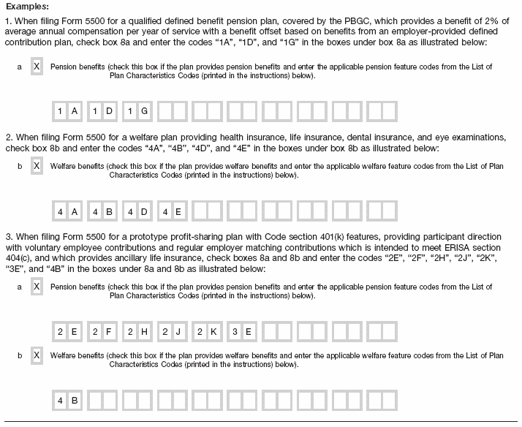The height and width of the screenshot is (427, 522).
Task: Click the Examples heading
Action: point(29,7)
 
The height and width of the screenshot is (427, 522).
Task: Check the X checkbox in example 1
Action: point(37,67)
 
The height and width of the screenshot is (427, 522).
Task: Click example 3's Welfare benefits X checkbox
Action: point(37,355)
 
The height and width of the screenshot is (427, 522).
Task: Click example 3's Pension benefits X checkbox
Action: point(37,287)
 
